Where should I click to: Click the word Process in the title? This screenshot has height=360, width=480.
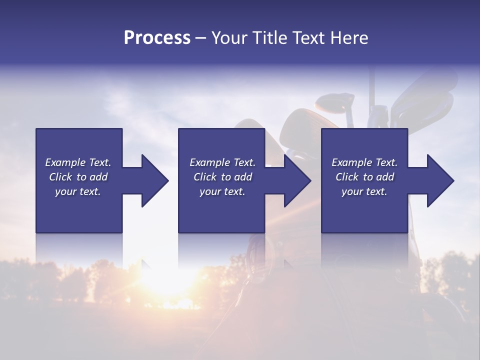(x=157, y=37)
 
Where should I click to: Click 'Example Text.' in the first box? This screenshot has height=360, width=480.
(x=78, y=162)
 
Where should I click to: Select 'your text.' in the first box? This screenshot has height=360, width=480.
(x=78, y=191)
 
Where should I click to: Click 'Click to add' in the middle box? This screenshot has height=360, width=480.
(x=222, y=177)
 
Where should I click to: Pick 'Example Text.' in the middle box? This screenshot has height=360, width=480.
(x=222, y=162)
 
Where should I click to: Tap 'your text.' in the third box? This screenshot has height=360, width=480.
(x=364, y=191)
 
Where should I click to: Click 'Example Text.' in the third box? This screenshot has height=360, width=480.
(x=364, y=162)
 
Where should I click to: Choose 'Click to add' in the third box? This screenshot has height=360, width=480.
(x=364, y=177)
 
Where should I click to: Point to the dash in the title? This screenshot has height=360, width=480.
(x=200, y=38)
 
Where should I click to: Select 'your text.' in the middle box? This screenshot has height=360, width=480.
(x=222, y=191)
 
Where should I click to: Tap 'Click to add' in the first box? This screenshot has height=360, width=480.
(x=78, y=177)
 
